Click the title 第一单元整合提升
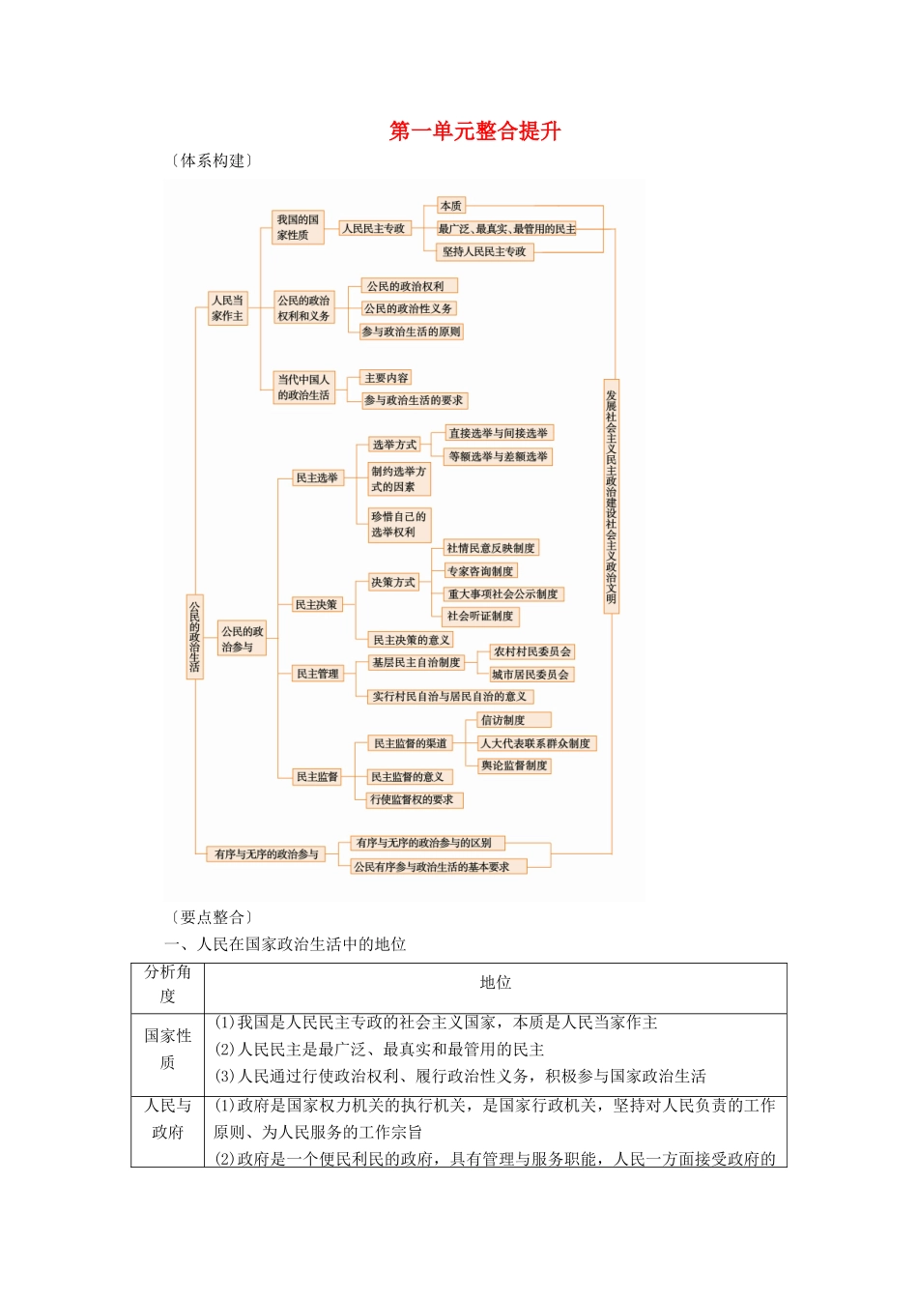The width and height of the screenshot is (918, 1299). tap(474, 131)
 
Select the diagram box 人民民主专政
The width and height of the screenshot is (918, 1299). tap(374, 229)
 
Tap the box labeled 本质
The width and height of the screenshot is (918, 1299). tap(451, 206)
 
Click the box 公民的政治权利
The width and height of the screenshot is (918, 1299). tap(406, 286)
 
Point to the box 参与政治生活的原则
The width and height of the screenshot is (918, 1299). tap(411, 332)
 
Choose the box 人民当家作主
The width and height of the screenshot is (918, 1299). tap(228, 308)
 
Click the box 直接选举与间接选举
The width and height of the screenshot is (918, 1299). tap(498, 433)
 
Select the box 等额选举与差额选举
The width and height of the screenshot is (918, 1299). tap(498, 456)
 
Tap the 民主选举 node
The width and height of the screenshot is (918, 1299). tap(317, 478)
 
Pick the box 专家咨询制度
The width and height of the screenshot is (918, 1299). tap(479, 571)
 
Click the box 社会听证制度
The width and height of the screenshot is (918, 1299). tap(479, 616)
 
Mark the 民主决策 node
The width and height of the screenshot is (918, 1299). tap(317, 605)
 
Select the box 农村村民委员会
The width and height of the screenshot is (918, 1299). tap(531, 651)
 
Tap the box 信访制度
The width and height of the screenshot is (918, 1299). tap(513, 720)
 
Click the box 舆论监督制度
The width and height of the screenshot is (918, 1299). tap(514, 765)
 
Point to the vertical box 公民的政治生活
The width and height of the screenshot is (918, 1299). tap(194, 635)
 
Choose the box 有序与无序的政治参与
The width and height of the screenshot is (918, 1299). tap(267, 854)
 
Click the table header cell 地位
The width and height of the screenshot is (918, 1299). tap(495, 983)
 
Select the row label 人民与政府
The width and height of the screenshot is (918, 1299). tap(167, 1118)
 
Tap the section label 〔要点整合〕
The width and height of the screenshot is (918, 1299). tap(213, 917)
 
